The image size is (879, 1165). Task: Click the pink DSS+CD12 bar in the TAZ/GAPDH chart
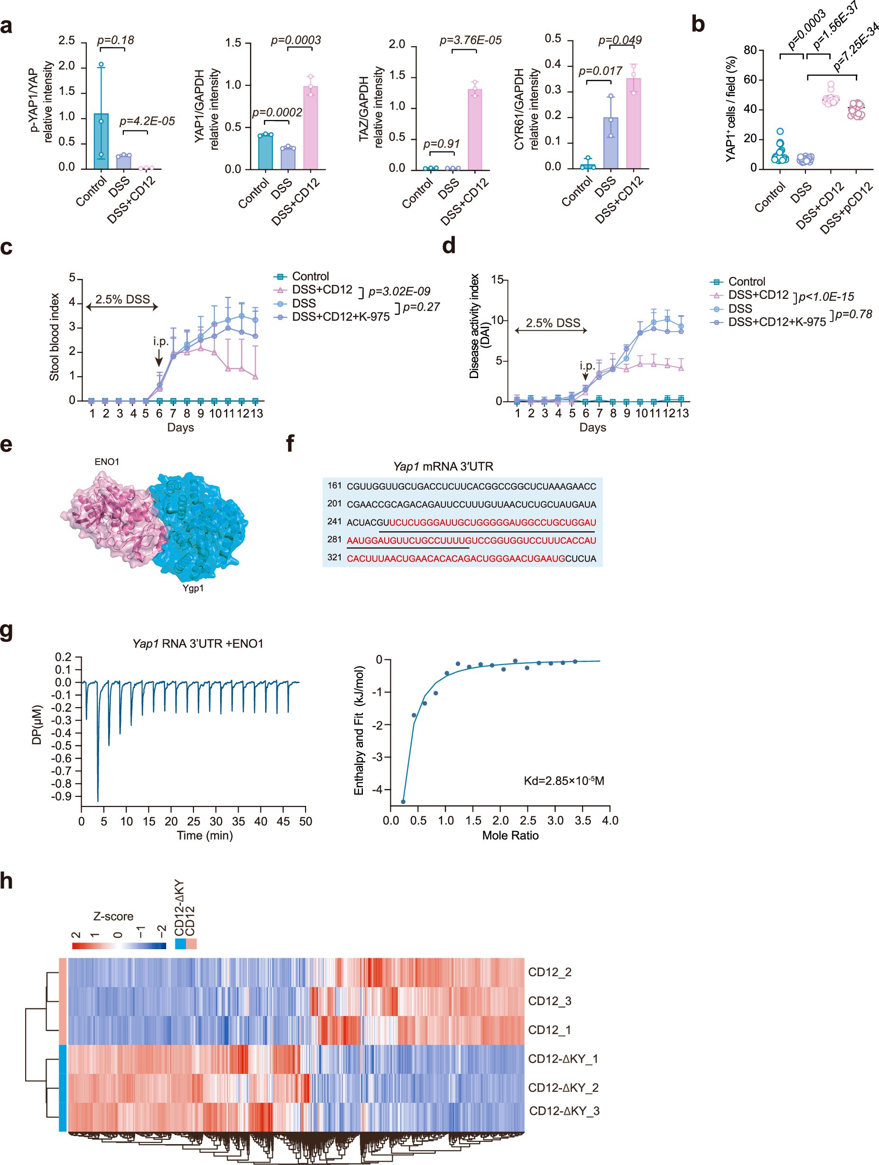tap(474, 129)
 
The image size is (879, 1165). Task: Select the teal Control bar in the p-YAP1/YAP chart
tap(101, 141)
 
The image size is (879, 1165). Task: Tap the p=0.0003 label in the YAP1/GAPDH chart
tap(296, 40)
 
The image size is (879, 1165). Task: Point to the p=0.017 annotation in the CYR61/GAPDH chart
tap(601, 71)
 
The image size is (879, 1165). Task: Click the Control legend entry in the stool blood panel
tap(310, 276)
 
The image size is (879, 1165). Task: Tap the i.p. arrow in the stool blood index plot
tap(159, 358)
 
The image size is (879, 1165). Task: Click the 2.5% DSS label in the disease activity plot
tap(553, 323)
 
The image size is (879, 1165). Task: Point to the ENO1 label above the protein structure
tap(107, 462)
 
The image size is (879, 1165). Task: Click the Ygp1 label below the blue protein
tap(193, 588)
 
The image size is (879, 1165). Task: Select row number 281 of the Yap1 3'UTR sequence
tap(334, 540)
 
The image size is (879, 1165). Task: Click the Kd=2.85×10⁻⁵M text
tap(564, 780)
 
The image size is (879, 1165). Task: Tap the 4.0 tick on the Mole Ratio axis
tap(610, 821)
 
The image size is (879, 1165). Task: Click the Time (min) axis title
tap(204, 835)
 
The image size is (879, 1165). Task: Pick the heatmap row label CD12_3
tap(549, 1001)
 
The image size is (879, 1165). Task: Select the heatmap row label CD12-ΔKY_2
tap(563, 1088)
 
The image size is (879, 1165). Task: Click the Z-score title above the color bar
tap(113, 916)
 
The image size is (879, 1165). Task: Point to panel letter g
tap(7, 631)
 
